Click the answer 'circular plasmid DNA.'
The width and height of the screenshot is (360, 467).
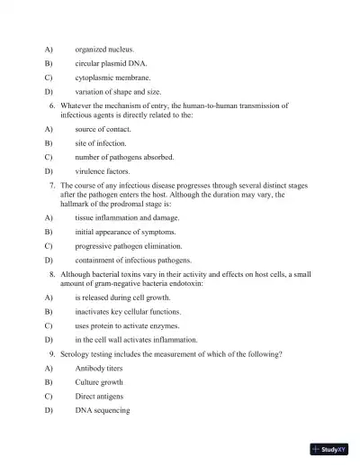point(112,63)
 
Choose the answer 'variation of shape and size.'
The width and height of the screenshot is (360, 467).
point(118,92)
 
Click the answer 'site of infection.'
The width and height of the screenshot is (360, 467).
point(101,143)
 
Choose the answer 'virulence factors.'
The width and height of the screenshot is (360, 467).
point(103,171)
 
